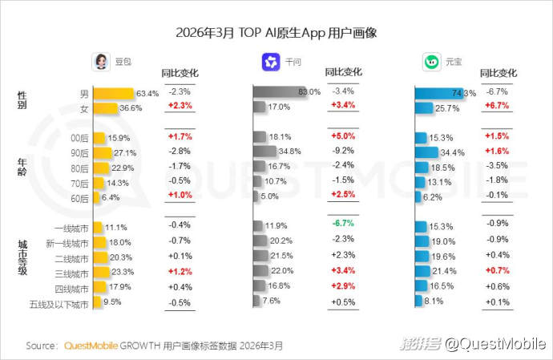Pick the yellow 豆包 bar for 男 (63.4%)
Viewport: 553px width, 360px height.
click(x=113, y=92)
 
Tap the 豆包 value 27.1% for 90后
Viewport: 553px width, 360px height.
click(x=125, y=152)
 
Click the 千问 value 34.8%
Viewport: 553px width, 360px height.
click(x=290, y=152)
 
